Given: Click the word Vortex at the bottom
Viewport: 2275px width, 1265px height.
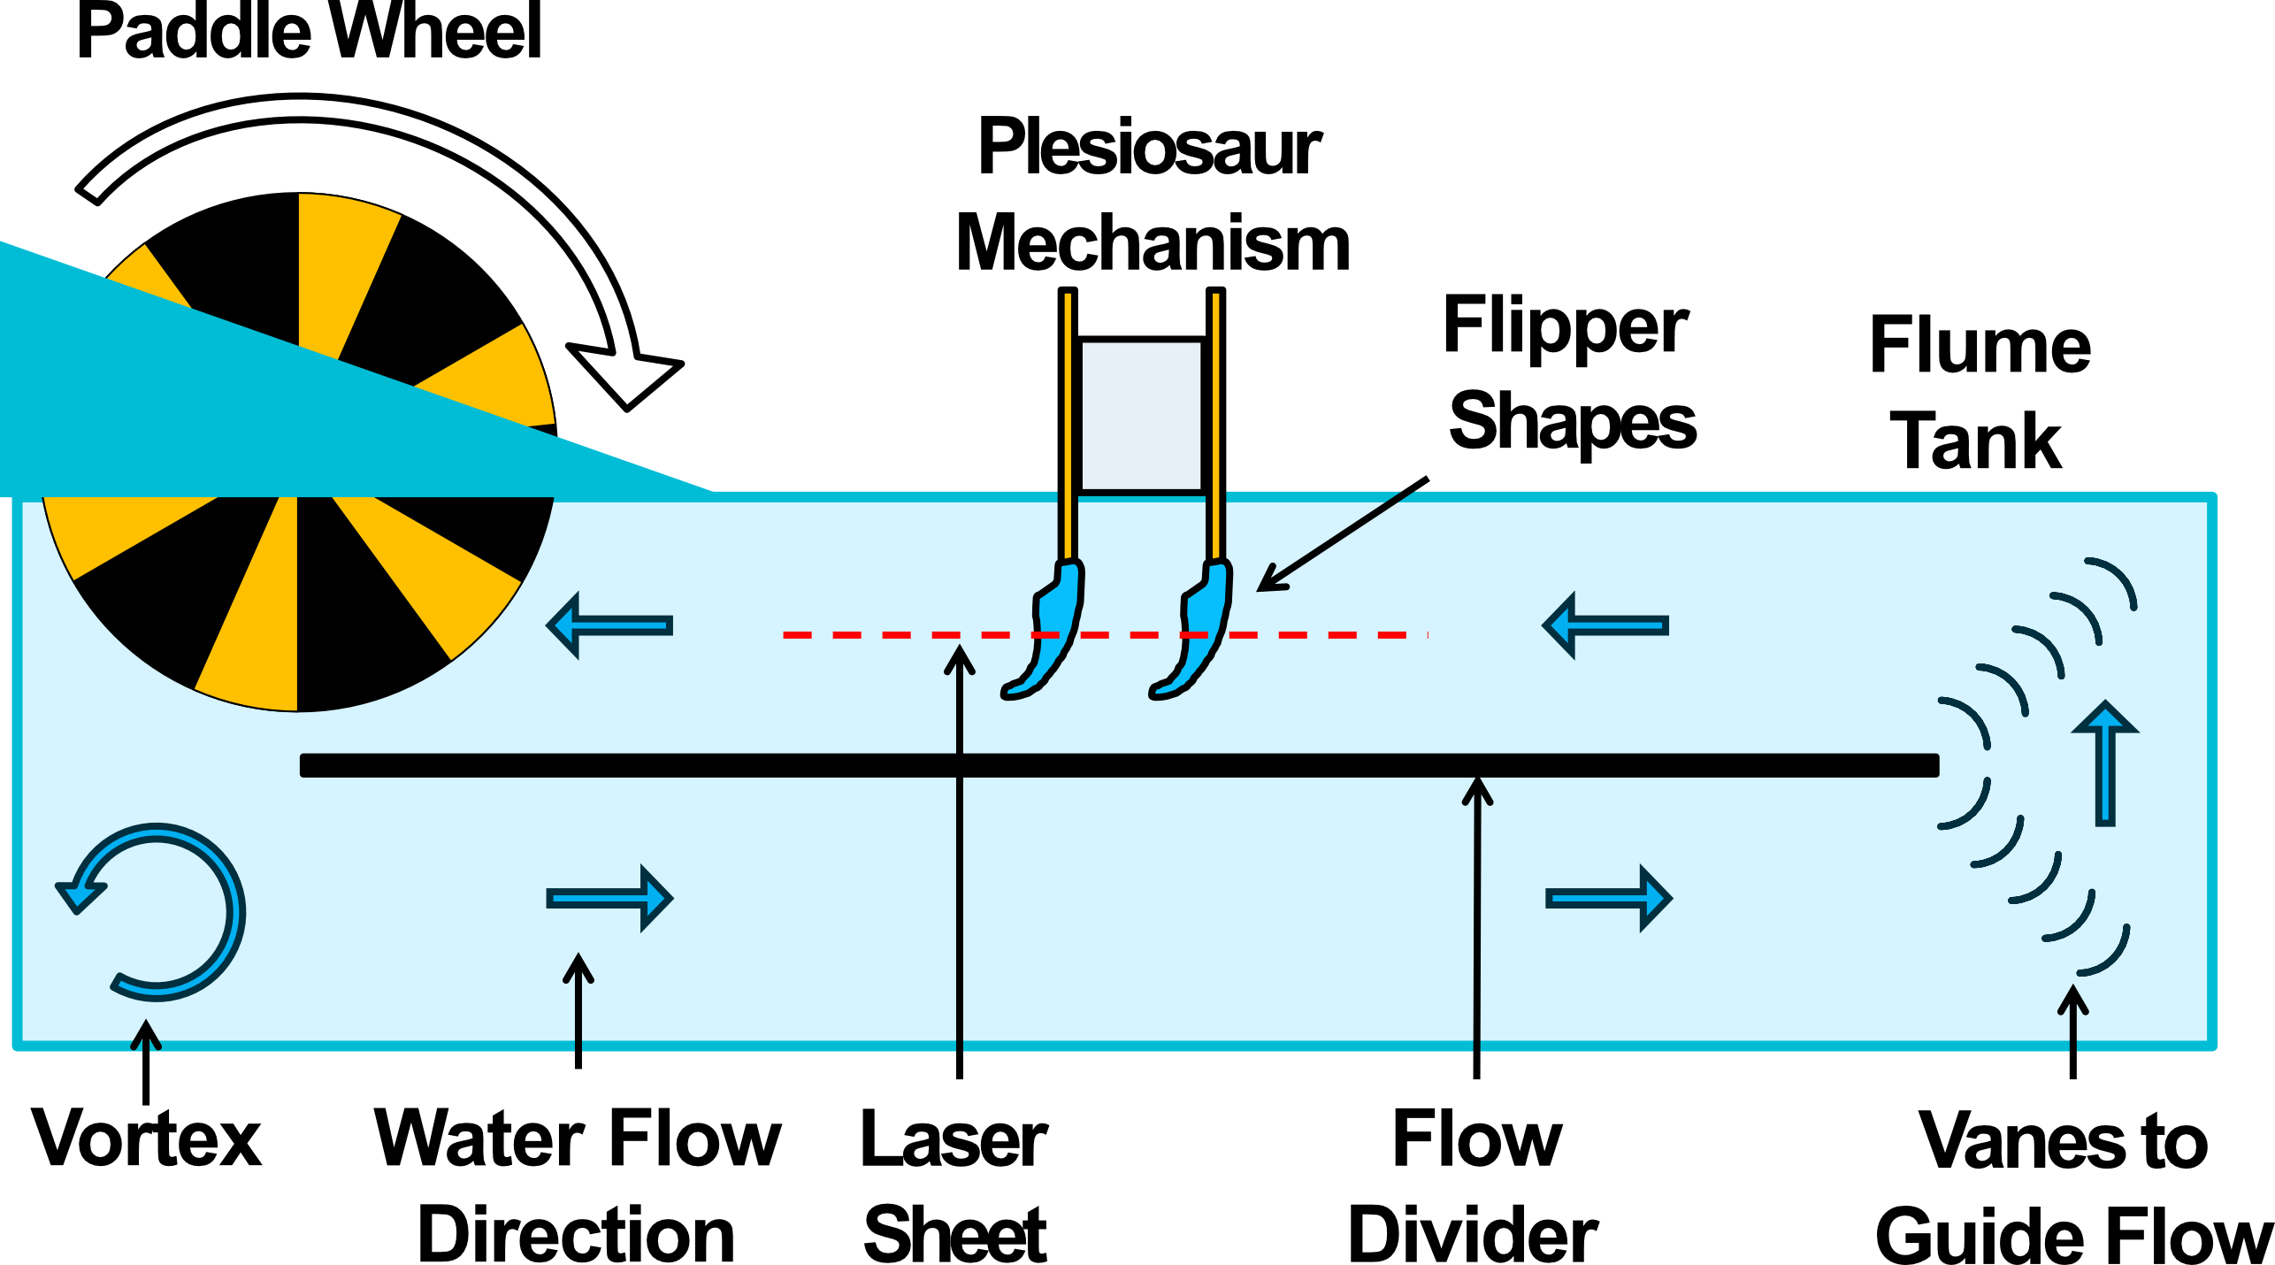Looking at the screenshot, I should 147,1138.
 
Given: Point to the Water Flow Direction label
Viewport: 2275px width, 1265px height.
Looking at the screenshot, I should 577,1185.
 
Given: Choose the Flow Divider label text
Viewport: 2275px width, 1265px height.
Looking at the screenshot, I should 1474,1185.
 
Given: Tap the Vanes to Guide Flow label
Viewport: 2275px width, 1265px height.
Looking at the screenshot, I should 2070,1185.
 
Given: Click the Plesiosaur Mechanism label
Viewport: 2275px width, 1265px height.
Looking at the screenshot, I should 1152,195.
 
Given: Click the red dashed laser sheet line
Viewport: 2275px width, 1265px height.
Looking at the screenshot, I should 885,635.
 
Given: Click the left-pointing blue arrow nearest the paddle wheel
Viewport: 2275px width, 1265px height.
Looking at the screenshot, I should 610,625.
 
